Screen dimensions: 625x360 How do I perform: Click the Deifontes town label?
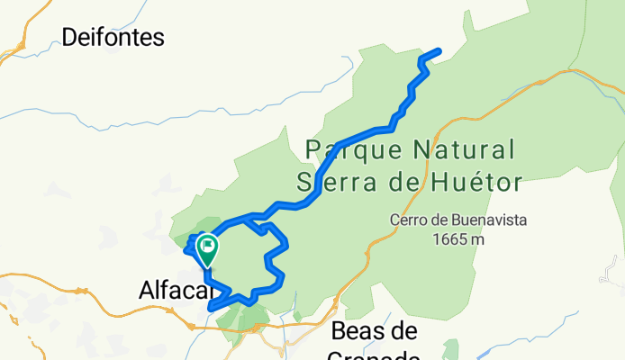pyautogui.click(x=113, y=37)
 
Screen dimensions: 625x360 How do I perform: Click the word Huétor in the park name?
pyautogui.click(x=475, y=184)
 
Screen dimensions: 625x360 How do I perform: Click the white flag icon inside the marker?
pyautogui.click(x=208, y=243)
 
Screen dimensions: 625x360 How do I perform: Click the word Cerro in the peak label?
pyautogui.click(x=409, y=219)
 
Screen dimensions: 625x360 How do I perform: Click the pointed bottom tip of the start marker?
pyautogui.click(x=207, y=266)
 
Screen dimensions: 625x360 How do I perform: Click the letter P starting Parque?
pyautogui.click(x=313, y=148)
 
